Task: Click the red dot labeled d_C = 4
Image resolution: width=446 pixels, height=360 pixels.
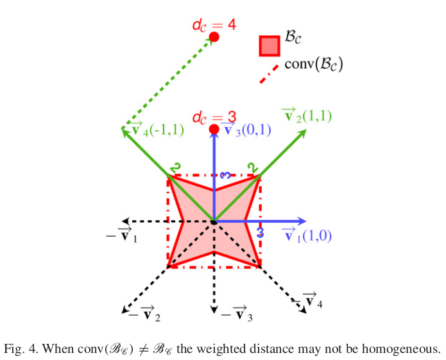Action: (x=214, y=37)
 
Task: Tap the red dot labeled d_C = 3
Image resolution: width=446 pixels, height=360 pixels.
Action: (x=214, y=130)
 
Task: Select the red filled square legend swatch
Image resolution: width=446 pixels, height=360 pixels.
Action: (x=270, y=46)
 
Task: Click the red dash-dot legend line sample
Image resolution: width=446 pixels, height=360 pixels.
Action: (x=269, y=74)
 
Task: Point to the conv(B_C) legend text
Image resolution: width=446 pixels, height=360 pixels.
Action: (x=314, y=64)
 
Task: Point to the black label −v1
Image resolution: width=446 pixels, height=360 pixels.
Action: (x=121, y=235)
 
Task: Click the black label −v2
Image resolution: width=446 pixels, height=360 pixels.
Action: (x=144, y=313)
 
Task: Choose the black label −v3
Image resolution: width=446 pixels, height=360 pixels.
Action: (x=237, y=313)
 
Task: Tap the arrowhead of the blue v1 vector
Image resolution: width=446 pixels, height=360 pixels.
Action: (x=302, y=221)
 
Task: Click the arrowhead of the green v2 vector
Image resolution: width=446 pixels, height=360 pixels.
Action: (x=302, y=133)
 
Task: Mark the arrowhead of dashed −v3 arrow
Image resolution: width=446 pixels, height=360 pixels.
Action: (x=214, y=309)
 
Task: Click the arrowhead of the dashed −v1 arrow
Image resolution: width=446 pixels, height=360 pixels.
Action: (x=126, y=221)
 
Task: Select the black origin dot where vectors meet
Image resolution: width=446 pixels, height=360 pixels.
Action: (x=214, y=221)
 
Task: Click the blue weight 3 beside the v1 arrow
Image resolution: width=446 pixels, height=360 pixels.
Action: (x=261, y=232)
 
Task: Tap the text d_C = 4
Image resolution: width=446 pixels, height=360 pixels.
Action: (x=214, y=25)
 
